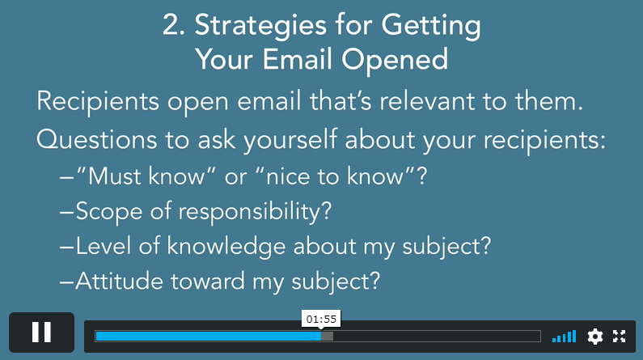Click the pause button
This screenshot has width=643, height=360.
point(41,332)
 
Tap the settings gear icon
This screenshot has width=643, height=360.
point(595,337)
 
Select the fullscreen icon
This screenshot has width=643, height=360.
point(620,337)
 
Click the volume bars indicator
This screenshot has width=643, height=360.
point(565,337)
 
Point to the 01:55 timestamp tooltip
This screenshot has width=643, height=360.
point(321,319)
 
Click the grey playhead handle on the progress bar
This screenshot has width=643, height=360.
point(328,337)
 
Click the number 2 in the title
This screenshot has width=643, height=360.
point(171,25)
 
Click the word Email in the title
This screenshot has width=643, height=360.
point(298,59)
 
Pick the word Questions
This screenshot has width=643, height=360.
point(97,139)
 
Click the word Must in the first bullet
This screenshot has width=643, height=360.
point(115,176)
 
